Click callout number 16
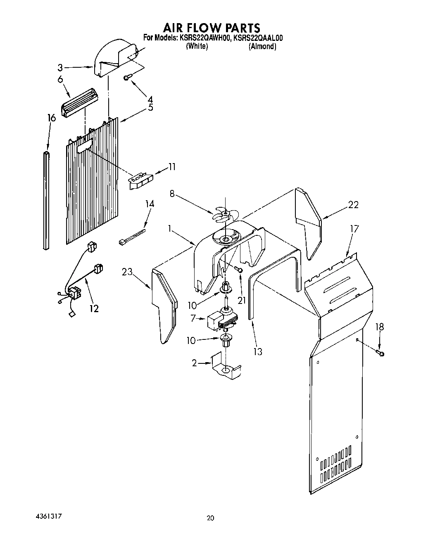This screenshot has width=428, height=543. (x=51, y=118)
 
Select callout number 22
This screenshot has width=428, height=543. (x=353, y=204)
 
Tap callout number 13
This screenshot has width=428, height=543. (x=258, y=352)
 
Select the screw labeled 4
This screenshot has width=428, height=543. (x=128, y=77)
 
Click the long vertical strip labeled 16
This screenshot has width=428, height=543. (x=46, y=200)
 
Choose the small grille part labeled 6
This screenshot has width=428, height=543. (x=81, y=102)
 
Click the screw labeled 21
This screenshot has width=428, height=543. (x=238, y=269)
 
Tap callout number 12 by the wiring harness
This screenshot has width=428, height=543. (x=94, y=308)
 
